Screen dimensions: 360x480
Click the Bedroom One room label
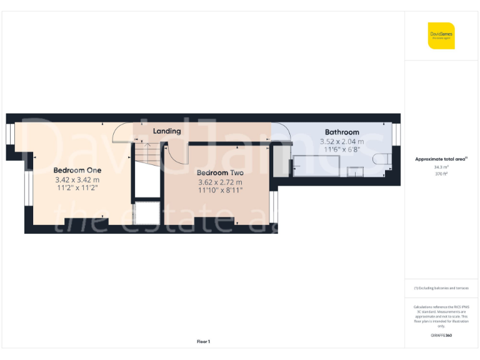click(77, 170)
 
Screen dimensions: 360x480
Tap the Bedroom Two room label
click(220, 173)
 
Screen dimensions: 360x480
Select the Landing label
click(167, 131)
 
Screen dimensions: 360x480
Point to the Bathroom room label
click(342, 132)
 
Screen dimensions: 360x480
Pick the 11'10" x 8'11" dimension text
click(220, 191)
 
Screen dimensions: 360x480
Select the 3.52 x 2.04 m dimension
click(342, 142)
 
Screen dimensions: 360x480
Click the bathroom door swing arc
click(282, 133)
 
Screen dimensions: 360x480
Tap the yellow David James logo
click(441, 36)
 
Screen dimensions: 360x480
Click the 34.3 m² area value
click(441, 167)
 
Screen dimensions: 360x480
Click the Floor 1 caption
click(203, 341)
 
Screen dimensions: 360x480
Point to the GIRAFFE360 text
click(441, 336)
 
